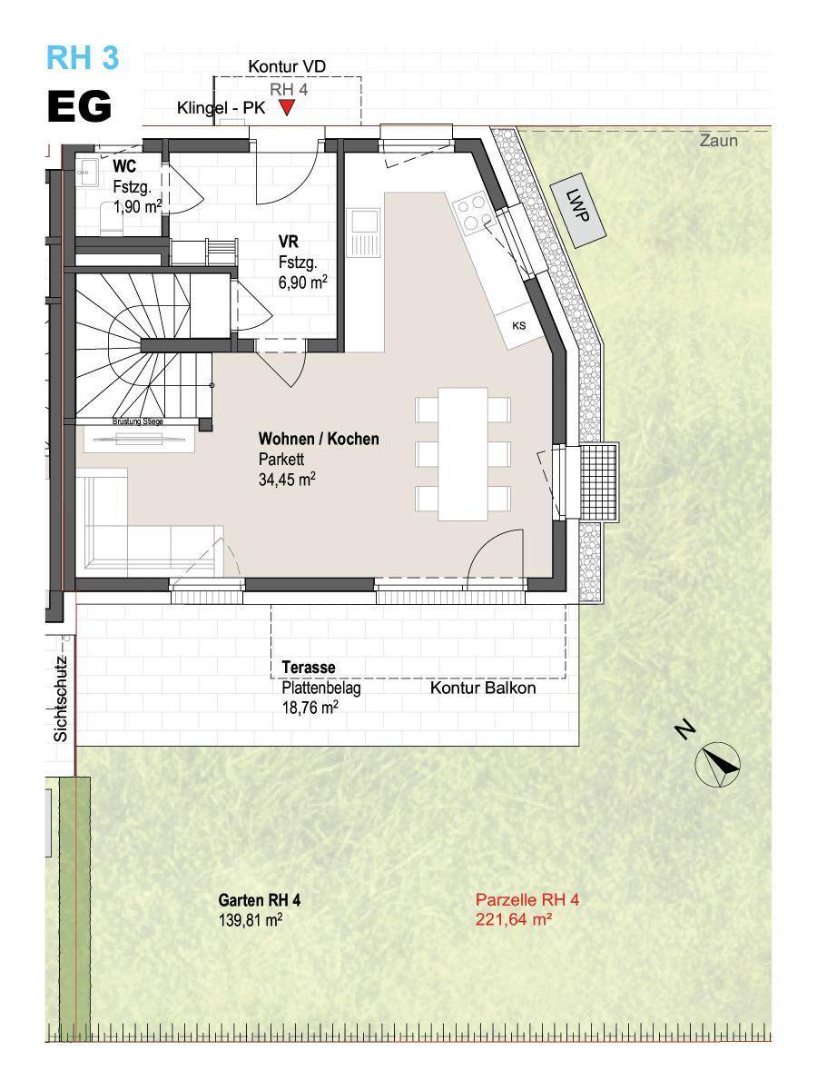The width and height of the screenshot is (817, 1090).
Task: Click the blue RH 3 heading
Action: pos(83,57)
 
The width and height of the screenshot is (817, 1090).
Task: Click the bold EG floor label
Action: pos(79,106)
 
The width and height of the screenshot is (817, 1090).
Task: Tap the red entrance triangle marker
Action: pos(287,107)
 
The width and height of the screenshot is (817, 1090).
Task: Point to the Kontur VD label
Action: pos(287,66)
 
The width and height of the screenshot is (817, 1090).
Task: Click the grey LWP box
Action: pos(578,213)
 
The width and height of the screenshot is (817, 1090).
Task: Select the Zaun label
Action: pos(719,141)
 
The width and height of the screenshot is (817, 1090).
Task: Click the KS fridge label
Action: pos(519,326)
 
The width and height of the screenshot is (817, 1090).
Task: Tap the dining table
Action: pos(463,454)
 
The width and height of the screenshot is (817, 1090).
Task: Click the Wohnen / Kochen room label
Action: pos(319,439)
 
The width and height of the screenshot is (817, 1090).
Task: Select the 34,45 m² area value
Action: pos(287,480)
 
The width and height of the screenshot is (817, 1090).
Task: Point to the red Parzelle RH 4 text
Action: pos(527,900)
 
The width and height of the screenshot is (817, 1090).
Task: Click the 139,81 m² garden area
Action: pos(251,920)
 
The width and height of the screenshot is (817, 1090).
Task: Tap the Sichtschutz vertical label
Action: pos(61,699)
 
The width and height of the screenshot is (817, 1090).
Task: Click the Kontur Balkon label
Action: pos(483,688)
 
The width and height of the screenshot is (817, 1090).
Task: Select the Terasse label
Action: pos(309,667)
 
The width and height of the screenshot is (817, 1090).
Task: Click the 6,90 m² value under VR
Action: pos(302,282)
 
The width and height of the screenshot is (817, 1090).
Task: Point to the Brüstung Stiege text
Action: pos(138,421)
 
